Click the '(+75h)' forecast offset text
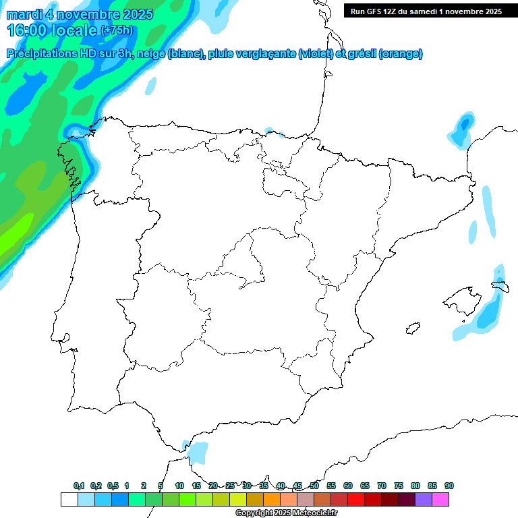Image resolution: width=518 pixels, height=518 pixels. click(117, 30)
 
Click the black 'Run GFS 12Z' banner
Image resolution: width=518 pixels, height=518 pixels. click(425, 11)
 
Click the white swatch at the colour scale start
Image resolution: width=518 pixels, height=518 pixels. click(69, 500)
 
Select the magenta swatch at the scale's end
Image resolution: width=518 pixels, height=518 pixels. click(440, 500)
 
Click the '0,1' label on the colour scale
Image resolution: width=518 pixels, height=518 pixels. click(79, 486)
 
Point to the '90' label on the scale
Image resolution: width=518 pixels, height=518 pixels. click(449, 486)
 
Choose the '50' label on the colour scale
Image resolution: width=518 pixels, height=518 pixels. click(314, 486)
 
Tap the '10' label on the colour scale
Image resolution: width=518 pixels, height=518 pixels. click(179, 486)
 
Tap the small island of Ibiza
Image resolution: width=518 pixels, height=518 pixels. click(411, 328)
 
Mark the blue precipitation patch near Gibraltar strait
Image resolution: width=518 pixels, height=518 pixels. click(198, 452)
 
